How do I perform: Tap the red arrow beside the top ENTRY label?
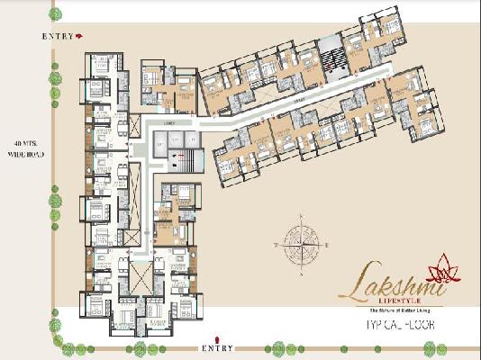[79, 36]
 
